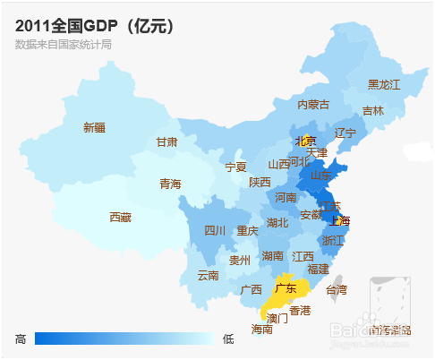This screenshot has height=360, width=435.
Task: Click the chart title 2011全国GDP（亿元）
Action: (95, 26)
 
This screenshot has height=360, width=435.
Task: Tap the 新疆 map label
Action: (94, 127)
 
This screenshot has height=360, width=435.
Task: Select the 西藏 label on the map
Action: (120, 217)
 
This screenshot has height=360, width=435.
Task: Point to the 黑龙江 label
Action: (384, 84)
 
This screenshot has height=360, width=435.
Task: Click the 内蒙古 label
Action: (313, 105)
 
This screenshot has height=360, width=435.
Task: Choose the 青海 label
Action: (170, 184)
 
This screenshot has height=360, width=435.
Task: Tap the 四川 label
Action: (215, 230)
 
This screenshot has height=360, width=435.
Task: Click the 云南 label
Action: (208, 275)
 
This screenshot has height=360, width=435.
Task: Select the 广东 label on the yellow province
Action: (286, 288)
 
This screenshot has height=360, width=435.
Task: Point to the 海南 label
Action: (261, 329)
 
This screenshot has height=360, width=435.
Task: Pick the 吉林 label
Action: (373, 111)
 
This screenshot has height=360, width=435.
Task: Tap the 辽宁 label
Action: (345, 133)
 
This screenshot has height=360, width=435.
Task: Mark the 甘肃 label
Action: (166, 141)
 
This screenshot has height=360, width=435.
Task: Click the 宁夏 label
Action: (235, 167)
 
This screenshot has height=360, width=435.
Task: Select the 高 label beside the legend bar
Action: (21, 339)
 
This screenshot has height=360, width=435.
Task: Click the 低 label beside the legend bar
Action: (228, 339)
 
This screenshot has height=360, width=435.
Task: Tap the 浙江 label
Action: (332, 240)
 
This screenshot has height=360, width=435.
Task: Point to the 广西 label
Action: (252, 289)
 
